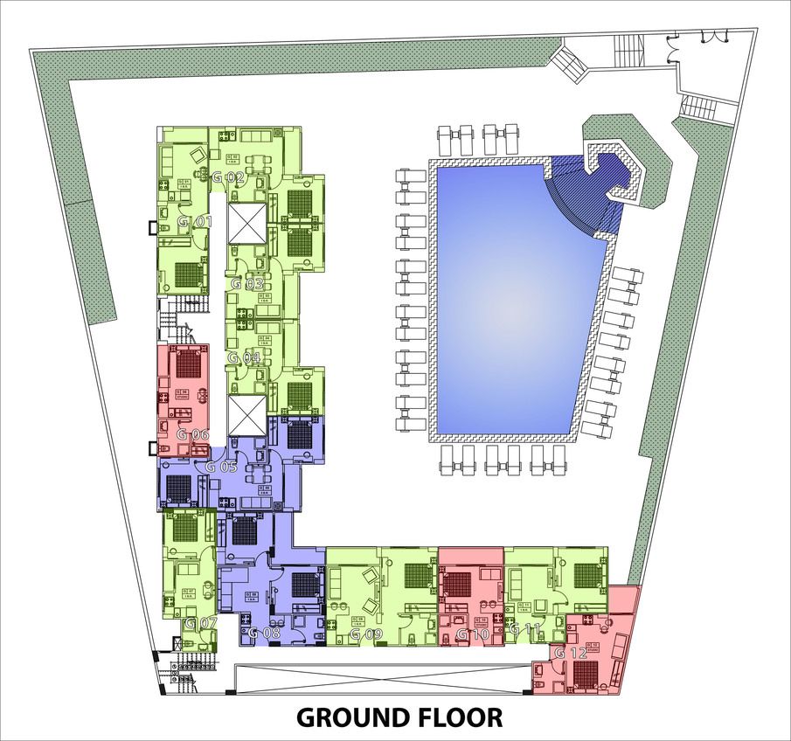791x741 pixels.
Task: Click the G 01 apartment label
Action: click(196, 222)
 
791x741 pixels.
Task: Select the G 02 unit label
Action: click(228, 177)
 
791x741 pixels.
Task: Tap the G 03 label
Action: click(247, 284)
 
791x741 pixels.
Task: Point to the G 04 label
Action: click(244, 358)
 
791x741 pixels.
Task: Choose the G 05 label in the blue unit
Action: click(222, 467)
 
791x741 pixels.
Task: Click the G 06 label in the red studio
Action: click(193, 434)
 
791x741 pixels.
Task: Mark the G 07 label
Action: click(201, 623)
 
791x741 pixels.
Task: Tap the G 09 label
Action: click(366, 634)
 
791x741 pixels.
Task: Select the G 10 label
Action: click(471, 634)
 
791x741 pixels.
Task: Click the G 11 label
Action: click(526, 628)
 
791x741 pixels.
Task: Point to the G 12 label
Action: click(570, 653)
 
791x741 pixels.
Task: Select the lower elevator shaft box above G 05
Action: click(245, 414)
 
